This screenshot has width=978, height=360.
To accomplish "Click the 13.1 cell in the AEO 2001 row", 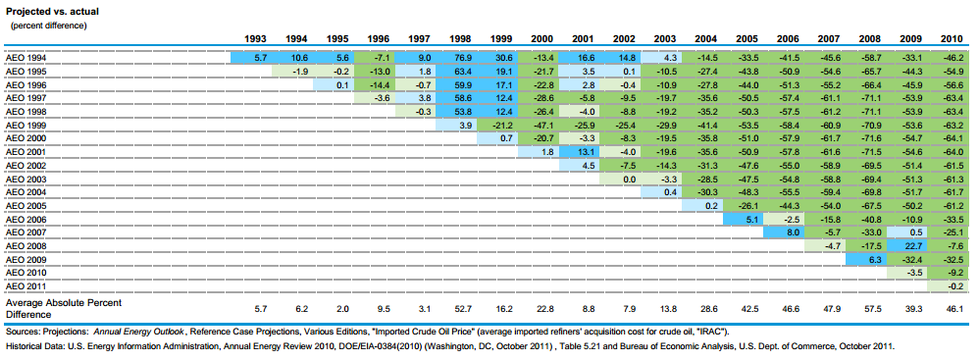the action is click(580, 152).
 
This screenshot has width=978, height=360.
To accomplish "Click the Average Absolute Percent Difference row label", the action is click(63, 308).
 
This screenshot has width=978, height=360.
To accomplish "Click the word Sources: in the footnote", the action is click(20, 332).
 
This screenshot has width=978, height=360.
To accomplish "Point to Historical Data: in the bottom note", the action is click(31, 345).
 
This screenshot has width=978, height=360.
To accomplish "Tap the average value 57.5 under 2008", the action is click(868, 308).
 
